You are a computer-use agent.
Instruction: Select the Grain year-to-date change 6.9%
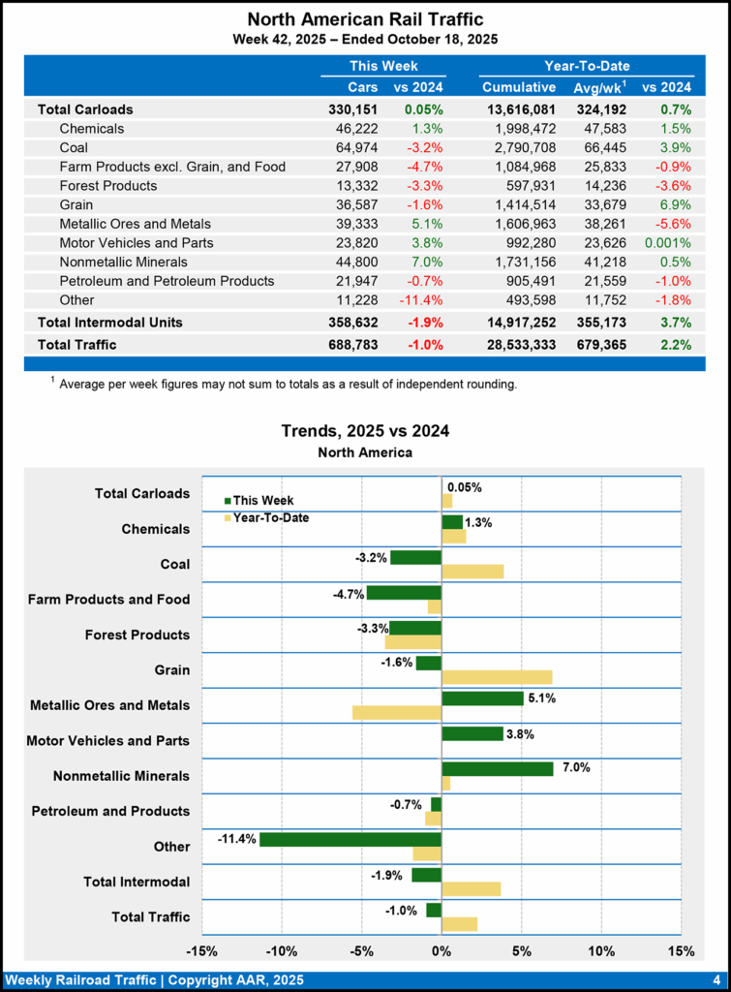(x=675, y=204)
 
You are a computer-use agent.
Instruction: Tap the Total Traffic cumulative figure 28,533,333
(x=519, y=344)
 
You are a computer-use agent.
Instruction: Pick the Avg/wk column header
(x=595, y=88)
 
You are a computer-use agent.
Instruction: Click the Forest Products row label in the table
(x=107, y=185)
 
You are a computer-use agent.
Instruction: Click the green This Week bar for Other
(x=350, y=839)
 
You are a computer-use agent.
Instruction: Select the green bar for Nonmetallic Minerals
(x=498, y=768)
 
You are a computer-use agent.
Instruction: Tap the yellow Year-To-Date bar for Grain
(x=497, y=676)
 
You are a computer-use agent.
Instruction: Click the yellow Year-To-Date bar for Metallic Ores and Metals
(x=397, y=712)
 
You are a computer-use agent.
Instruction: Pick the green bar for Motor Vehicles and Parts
(x=472, y=733)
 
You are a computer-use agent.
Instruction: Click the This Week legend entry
(x=259, y=500)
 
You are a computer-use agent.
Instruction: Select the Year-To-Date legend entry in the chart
(x=265, y=518)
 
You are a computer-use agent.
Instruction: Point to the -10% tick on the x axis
(x=282, y=950)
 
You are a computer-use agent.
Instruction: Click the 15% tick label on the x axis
(x=681, y=950)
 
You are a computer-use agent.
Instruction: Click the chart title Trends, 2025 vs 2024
(x=365, y=431)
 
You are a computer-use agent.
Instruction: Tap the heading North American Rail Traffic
(x=365, y=19)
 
